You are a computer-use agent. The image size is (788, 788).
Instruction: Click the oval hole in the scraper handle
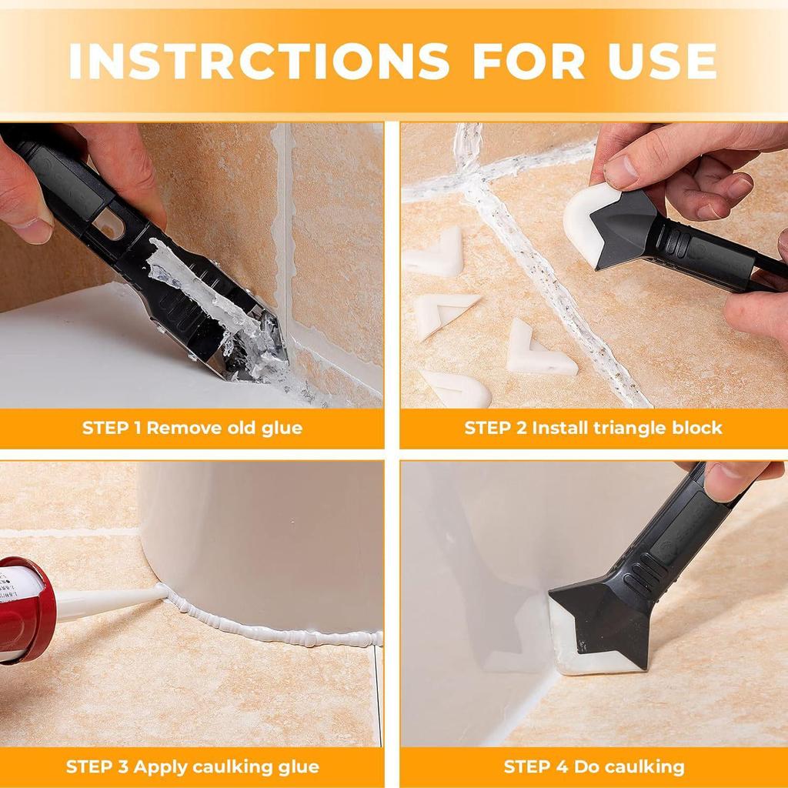click(108, 224)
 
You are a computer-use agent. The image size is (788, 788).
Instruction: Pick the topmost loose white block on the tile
click(436, 254)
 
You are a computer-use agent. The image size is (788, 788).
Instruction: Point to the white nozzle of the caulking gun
click(108, 602)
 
